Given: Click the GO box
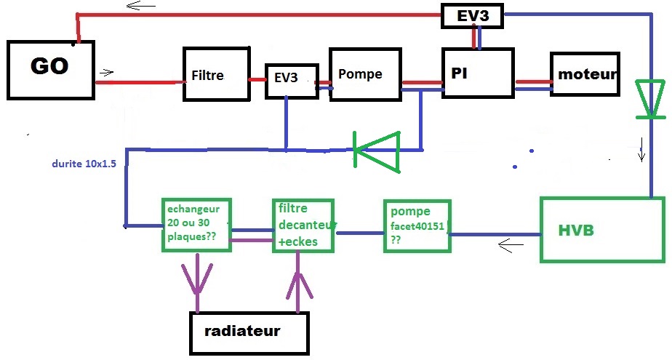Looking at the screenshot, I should coord(50,69).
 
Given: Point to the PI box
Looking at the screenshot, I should coord(478,73).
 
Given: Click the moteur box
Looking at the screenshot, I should coord(585,74).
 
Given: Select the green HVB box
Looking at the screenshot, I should coord(603,229).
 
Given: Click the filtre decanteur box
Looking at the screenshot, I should coord(303,225).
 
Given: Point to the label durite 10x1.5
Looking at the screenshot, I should coord(84,164).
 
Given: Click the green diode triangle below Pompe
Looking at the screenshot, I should coord(377,151).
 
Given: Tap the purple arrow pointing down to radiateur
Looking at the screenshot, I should coord(196,276).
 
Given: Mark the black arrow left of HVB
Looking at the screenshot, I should coord(511,247).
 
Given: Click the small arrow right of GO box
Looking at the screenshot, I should coord(107,72).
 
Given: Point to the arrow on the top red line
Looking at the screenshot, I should coord(135,6).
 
